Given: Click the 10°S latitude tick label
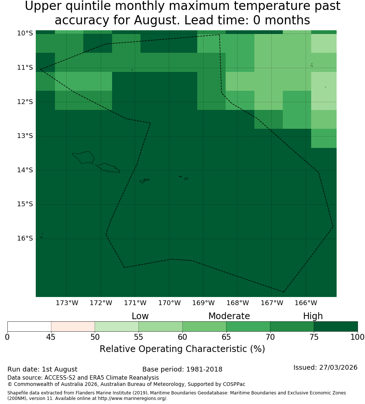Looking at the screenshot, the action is pyautogui.click(x=25, y=33).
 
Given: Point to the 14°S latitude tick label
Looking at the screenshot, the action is pyautogui.click(x=25, y=170).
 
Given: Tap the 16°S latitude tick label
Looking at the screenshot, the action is pyautogui.click(x=25, y=238).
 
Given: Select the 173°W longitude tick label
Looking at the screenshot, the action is pyautogui.click(x=67, y=303).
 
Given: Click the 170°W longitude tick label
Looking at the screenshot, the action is pyautogui.click(x=169, y=303).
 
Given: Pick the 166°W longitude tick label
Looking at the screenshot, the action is pyautogui.click(x=306, y=303).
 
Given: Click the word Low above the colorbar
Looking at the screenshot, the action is pyautogui.click(x=140, y=316).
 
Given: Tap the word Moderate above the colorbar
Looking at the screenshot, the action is pyautogui.click(x=229, y=316).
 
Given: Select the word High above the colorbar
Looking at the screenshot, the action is pyautogui.click(x=313, y=316).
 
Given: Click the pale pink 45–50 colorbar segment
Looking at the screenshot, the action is pyautogui.click(x=73, y=327).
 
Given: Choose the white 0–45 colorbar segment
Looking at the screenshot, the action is pyautogui.click(x=29, y=327).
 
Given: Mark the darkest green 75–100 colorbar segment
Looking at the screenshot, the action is pyautogui.click(x=336, y=327).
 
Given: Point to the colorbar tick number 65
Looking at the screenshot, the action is pyautogui.click(x=226, y=337).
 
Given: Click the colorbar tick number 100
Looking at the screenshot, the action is pyautogui.click(x=358, y=337).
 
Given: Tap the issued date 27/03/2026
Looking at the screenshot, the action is pyautogui.click(x=338, y=367).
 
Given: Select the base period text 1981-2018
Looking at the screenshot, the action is pyautogui.click(x=204, y=369).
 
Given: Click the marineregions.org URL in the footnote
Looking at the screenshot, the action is pyautogui.click(x=132, y=398).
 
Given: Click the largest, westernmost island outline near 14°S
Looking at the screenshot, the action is pyautogui.click(x=83, y=158).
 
